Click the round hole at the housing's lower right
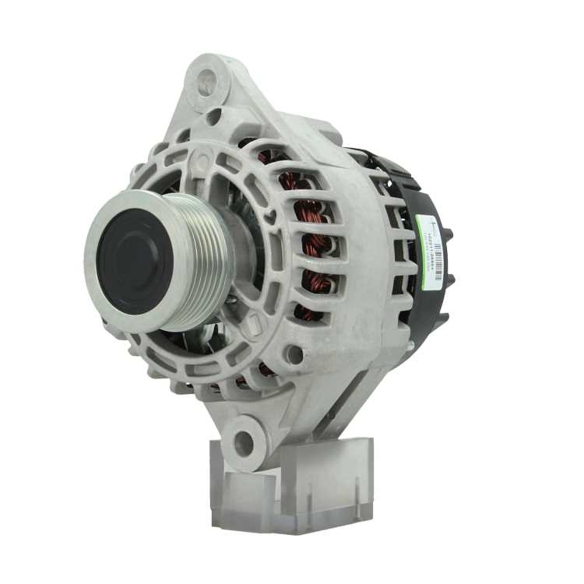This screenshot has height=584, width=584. point(294,354)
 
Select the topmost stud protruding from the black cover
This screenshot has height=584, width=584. point(449,234)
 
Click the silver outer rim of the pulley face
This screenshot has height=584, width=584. point(93,263)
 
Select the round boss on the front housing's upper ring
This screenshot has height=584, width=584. point(203,157)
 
